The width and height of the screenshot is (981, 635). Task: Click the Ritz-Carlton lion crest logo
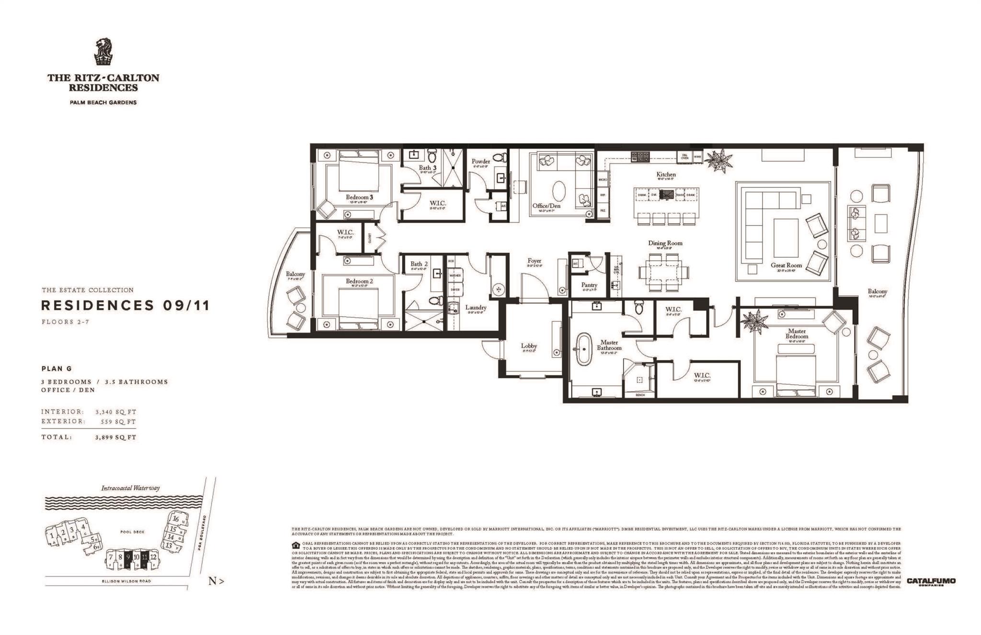103,52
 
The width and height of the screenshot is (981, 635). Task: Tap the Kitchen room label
666,174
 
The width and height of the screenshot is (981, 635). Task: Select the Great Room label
786,265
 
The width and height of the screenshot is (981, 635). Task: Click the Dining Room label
665,243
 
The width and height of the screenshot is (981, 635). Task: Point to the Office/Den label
546,206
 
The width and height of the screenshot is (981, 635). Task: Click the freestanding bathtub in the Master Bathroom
584,348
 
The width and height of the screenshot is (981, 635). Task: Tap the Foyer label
534,261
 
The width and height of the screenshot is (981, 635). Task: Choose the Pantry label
589,285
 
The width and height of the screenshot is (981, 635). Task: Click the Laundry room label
476,308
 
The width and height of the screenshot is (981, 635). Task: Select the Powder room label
480,162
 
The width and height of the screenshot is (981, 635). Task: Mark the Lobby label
529,346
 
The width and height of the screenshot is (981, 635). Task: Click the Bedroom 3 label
359,197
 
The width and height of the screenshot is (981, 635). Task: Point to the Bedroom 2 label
359,281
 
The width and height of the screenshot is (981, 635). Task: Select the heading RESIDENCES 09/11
125,306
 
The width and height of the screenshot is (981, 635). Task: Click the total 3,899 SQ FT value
115,437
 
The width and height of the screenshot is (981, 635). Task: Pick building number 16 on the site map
176,519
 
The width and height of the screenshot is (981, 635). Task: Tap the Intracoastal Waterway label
130,488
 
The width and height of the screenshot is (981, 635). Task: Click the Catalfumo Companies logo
931,581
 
